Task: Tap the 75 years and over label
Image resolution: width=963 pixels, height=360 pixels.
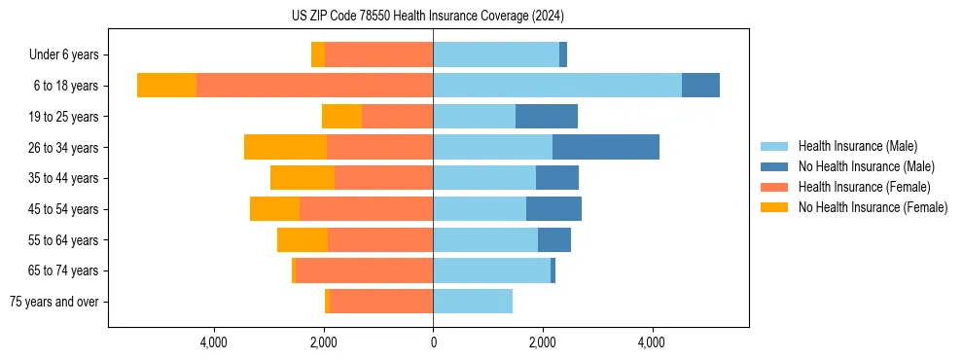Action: [x=54, y=302]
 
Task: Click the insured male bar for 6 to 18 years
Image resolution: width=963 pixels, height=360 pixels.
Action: [x=557, y=86]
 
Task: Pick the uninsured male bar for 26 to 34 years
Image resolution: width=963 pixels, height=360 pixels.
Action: [x=606, y=147]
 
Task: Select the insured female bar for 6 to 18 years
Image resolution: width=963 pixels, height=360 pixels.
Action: [x=314, y=86]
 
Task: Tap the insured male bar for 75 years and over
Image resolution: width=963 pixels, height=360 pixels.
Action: [x=473, y=302]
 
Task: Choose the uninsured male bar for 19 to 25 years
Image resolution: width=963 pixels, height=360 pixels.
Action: [x=547, y=117]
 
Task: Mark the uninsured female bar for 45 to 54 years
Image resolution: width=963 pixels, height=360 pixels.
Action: [x=274, y=209]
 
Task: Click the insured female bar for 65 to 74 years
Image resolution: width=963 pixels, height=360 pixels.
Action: [x=364, y=270]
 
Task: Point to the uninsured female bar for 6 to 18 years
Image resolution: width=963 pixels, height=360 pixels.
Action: [x=166, y=86]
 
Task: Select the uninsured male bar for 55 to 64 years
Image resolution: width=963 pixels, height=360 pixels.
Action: [x=554, y=239]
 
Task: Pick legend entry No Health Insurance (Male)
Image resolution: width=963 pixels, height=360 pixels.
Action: [x=866, y=166]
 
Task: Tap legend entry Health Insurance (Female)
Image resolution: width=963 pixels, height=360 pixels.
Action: [x=864, y=187]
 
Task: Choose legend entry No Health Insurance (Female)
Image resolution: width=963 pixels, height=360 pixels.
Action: [x=873, y=207]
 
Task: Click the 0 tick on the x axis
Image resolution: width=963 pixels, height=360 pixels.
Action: [x=433, y=342]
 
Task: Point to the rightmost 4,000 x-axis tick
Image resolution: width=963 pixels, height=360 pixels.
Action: [x=652, y=342]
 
